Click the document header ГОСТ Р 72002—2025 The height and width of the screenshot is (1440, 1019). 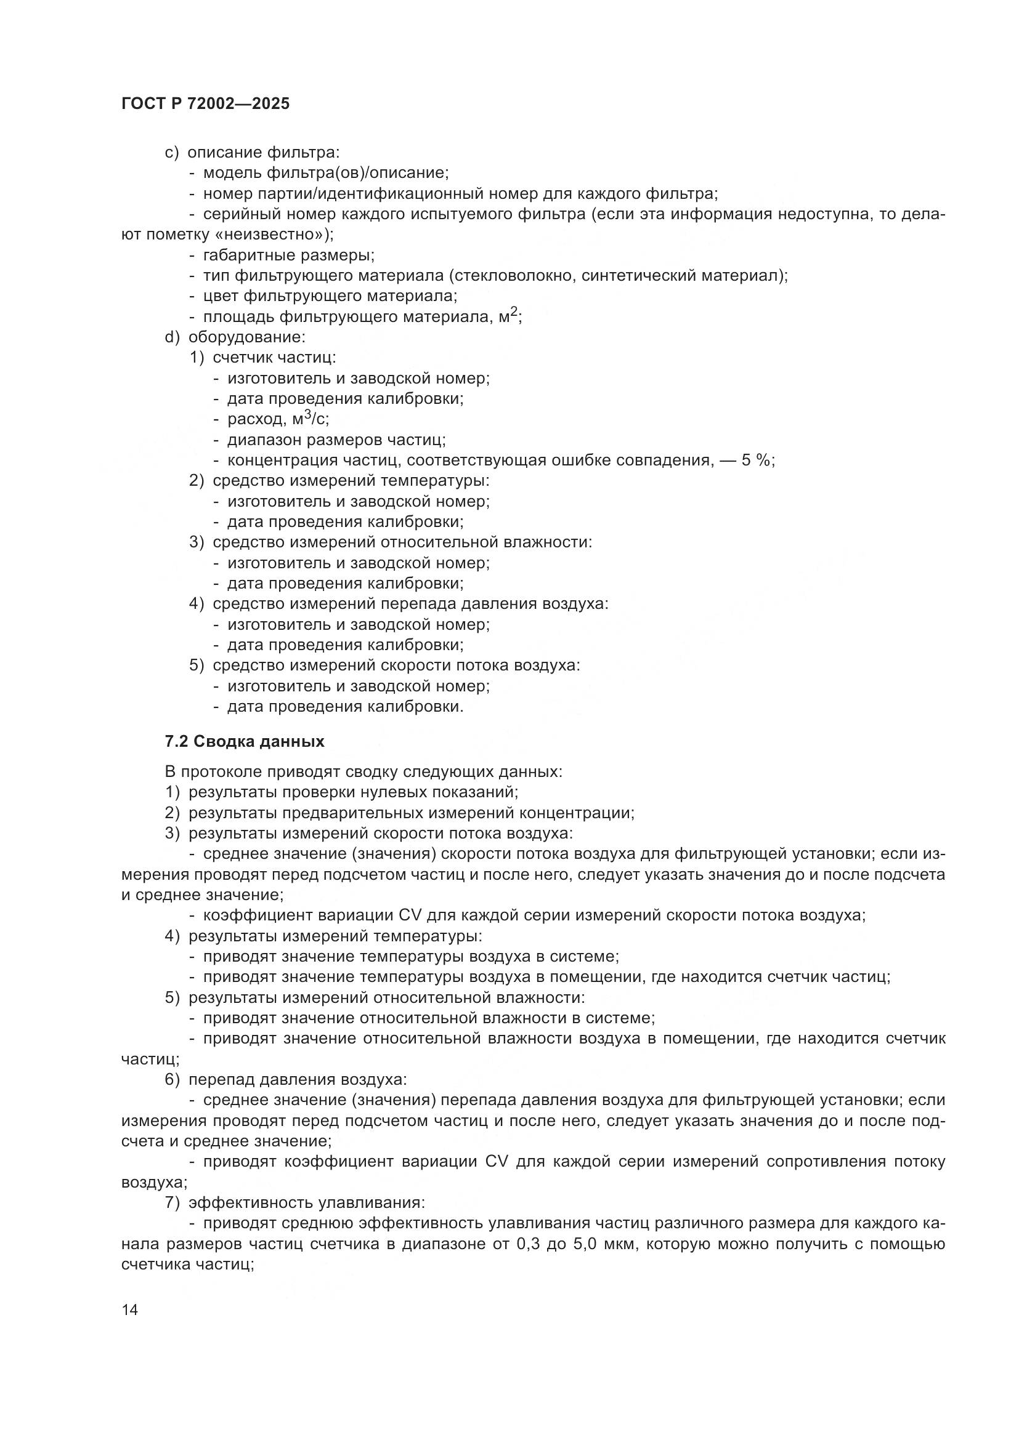[x=205, y=104]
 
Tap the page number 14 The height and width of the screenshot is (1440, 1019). [x=130, y=1309]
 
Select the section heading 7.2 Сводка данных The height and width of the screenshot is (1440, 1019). [x=244, y=741]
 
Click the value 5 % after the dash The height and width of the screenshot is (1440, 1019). [x=757, y=461]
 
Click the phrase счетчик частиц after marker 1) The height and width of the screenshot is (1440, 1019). [x=274, y=358]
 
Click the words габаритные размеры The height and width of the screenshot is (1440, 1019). [x=288, y=255]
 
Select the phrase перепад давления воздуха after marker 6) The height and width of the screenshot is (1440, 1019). [x=298, y=1079]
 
